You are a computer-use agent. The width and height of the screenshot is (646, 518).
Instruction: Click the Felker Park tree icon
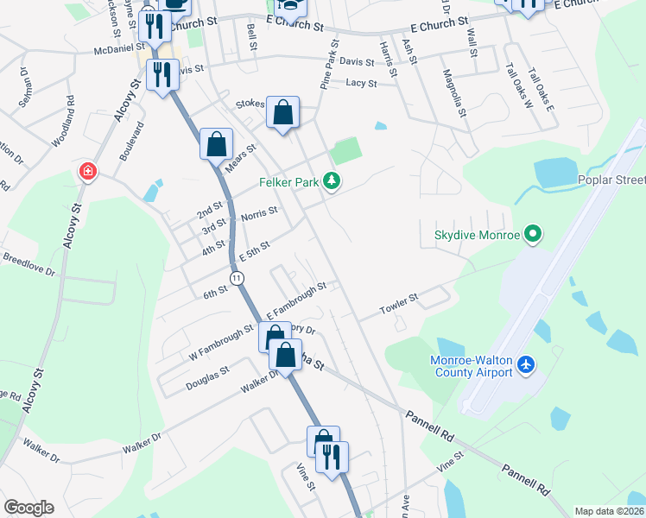coord(332,181)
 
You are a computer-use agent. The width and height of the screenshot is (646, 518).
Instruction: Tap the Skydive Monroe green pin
coord(533,234)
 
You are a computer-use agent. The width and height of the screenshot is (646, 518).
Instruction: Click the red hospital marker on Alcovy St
coord(87,171)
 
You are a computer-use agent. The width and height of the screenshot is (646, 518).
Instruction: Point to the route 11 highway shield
coord(236,277)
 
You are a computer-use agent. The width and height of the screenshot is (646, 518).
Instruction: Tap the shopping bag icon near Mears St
coord(216,144)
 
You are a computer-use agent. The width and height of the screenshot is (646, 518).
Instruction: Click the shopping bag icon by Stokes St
coord(282,112)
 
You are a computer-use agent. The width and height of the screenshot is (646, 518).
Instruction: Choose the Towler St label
coord(400,303)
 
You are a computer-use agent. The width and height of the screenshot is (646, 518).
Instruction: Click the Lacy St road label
coord(361,84)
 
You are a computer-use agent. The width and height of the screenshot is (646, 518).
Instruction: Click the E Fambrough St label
coord(296,299)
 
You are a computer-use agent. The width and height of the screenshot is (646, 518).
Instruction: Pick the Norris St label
coord(259,212)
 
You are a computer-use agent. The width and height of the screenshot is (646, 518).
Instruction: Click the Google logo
coord(28,508)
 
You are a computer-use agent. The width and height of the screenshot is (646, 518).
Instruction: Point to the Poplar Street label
coord(611,180)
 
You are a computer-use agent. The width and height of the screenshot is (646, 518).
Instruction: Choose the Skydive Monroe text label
coord(477,235)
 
